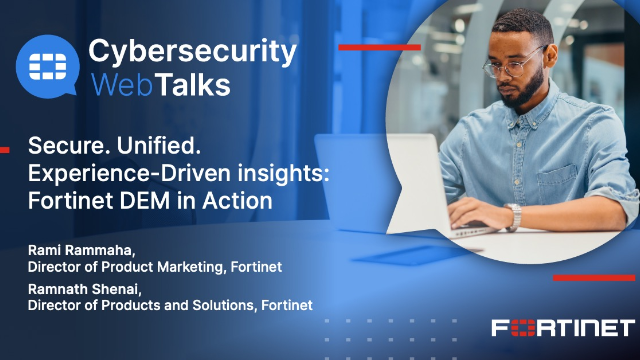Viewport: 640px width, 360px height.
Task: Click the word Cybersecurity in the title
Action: pyautogui.click(x=192, y=49)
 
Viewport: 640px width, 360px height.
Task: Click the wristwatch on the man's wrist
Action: pyautogui.click(x=514, y=216)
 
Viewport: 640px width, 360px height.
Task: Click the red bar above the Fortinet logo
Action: pyautogui.click(x=594, y=277)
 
